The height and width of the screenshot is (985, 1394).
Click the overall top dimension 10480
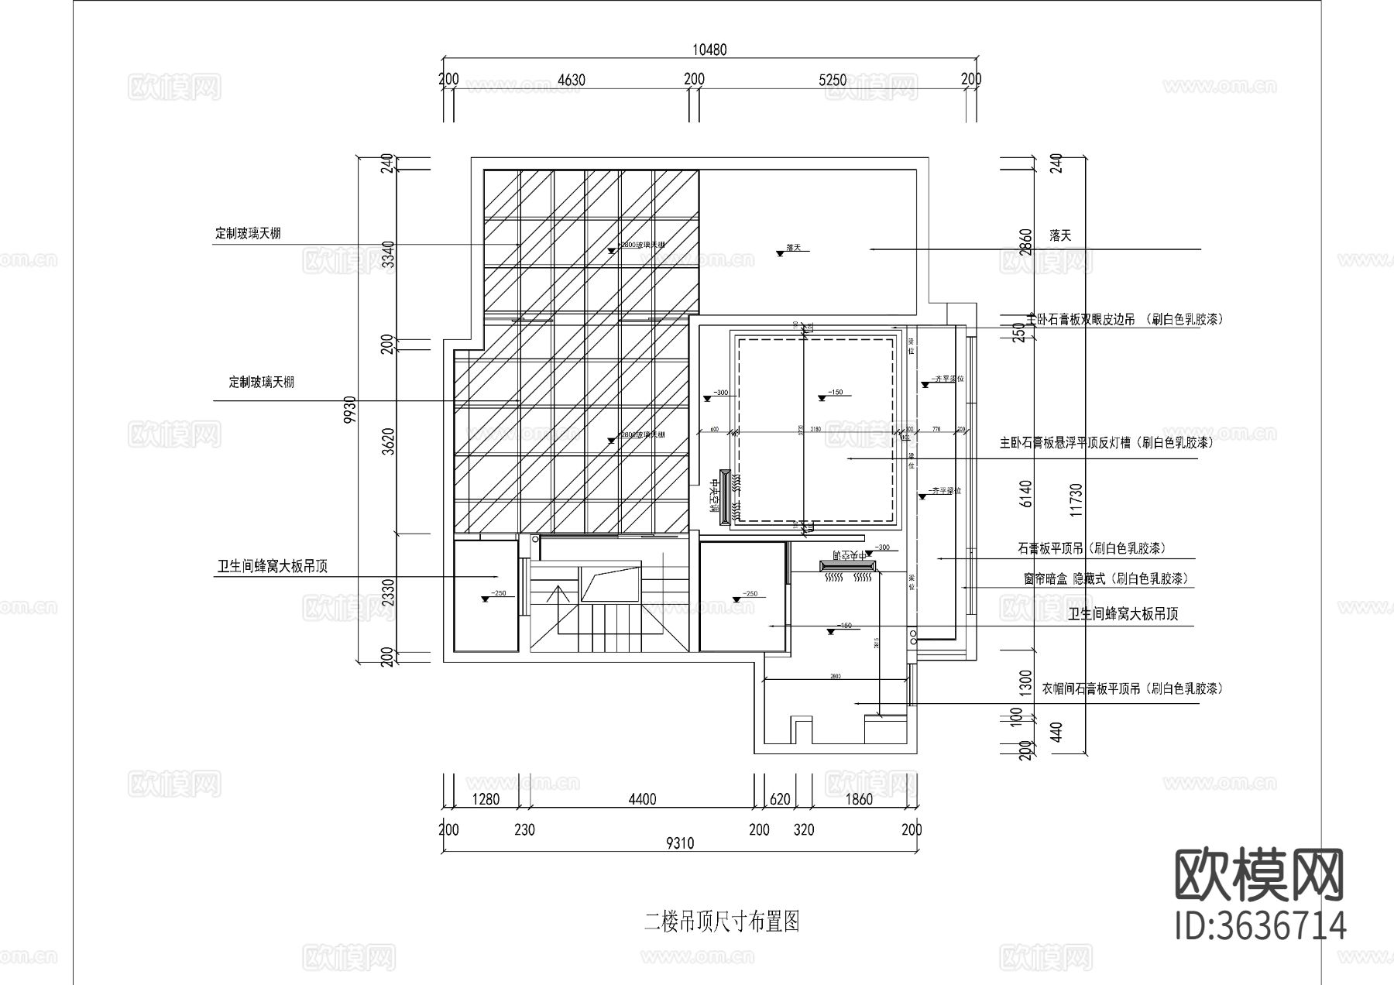click(x=709, y=50)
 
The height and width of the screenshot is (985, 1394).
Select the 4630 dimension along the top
click(x=572, y=79)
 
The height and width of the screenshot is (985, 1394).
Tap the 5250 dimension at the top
click(x=833, y=79)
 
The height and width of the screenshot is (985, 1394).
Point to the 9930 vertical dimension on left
click(x=349, y=410)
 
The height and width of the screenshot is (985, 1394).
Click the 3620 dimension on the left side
click(x=389, y=441)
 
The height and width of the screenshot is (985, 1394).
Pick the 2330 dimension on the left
click(x=389, y=594)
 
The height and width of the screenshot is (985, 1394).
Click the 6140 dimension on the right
click(x=1026, y=493)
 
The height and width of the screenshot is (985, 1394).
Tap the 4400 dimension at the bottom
click(x=642, y=799)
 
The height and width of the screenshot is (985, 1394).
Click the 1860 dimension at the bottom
click(x=859, y=799)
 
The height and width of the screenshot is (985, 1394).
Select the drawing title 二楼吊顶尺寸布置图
click(x=721, y=922)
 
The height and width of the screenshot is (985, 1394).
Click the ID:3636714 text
click(x=1260, y=926)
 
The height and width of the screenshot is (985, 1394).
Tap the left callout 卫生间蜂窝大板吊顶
click(x=272, y=567)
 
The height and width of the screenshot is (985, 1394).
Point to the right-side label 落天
click(x=1060, y=235)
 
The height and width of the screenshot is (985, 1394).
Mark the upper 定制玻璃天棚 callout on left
click(x=248, y=233)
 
